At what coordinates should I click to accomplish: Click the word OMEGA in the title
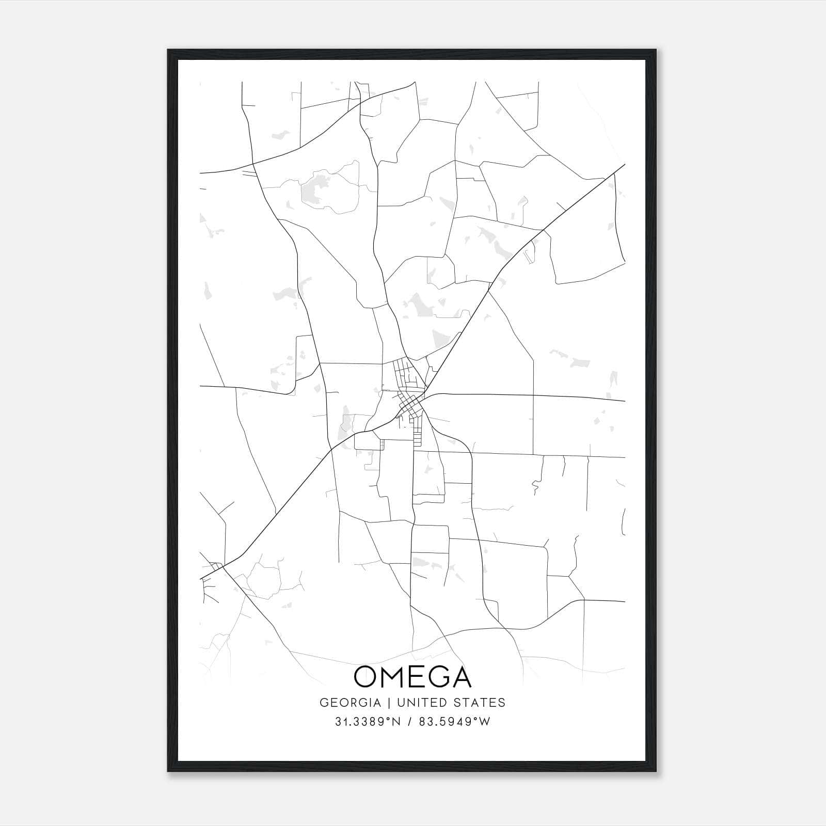point(412,677)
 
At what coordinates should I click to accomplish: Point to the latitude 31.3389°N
point(368,722)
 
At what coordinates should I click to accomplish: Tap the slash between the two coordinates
point(411,722)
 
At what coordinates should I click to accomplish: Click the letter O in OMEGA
point(366,677)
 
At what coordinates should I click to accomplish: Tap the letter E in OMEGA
point(416,677)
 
